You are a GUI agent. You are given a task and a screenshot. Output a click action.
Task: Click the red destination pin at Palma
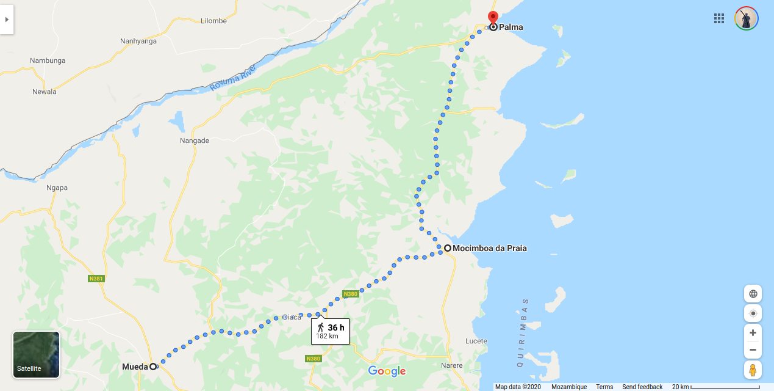[493, 18]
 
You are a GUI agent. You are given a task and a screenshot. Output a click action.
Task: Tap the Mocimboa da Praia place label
[489, 248]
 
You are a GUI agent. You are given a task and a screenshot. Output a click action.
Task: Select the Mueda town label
[135, 367]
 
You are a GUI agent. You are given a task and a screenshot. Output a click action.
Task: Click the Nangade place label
[194, 141]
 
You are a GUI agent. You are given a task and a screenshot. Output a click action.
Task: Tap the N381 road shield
[96, 279]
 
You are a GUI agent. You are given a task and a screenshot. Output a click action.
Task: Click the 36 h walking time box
[330, 331]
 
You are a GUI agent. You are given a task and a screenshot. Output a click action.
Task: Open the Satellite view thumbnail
[36, 354]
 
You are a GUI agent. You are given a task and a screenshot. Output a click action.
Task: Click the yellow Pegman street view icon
[753, 370]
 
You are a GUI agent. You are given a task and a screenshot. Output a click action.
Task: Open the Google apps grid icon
[719, 18]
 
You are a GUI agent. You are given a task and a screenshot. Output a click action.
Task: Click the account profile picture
[746, 18]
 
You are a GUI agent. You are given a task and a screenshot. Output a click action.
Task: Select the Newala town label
[45, 92]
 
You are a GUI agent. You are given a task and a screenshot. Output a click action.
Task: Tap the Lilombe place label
[213, 21]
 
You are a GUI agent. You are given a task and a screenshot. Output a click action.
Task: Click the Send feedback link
[642, 387]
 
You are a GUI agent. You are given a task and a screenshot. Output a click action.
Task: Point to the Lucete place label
[476, 341]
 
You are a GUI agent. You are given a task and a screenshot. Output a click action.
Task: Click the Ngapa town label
[57, 188]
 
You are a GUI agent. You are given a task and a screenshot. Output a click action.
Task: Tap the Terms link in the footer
[604, 387]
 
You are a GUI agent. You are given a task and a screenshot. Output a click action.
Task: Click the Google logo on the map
[387, 371]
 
